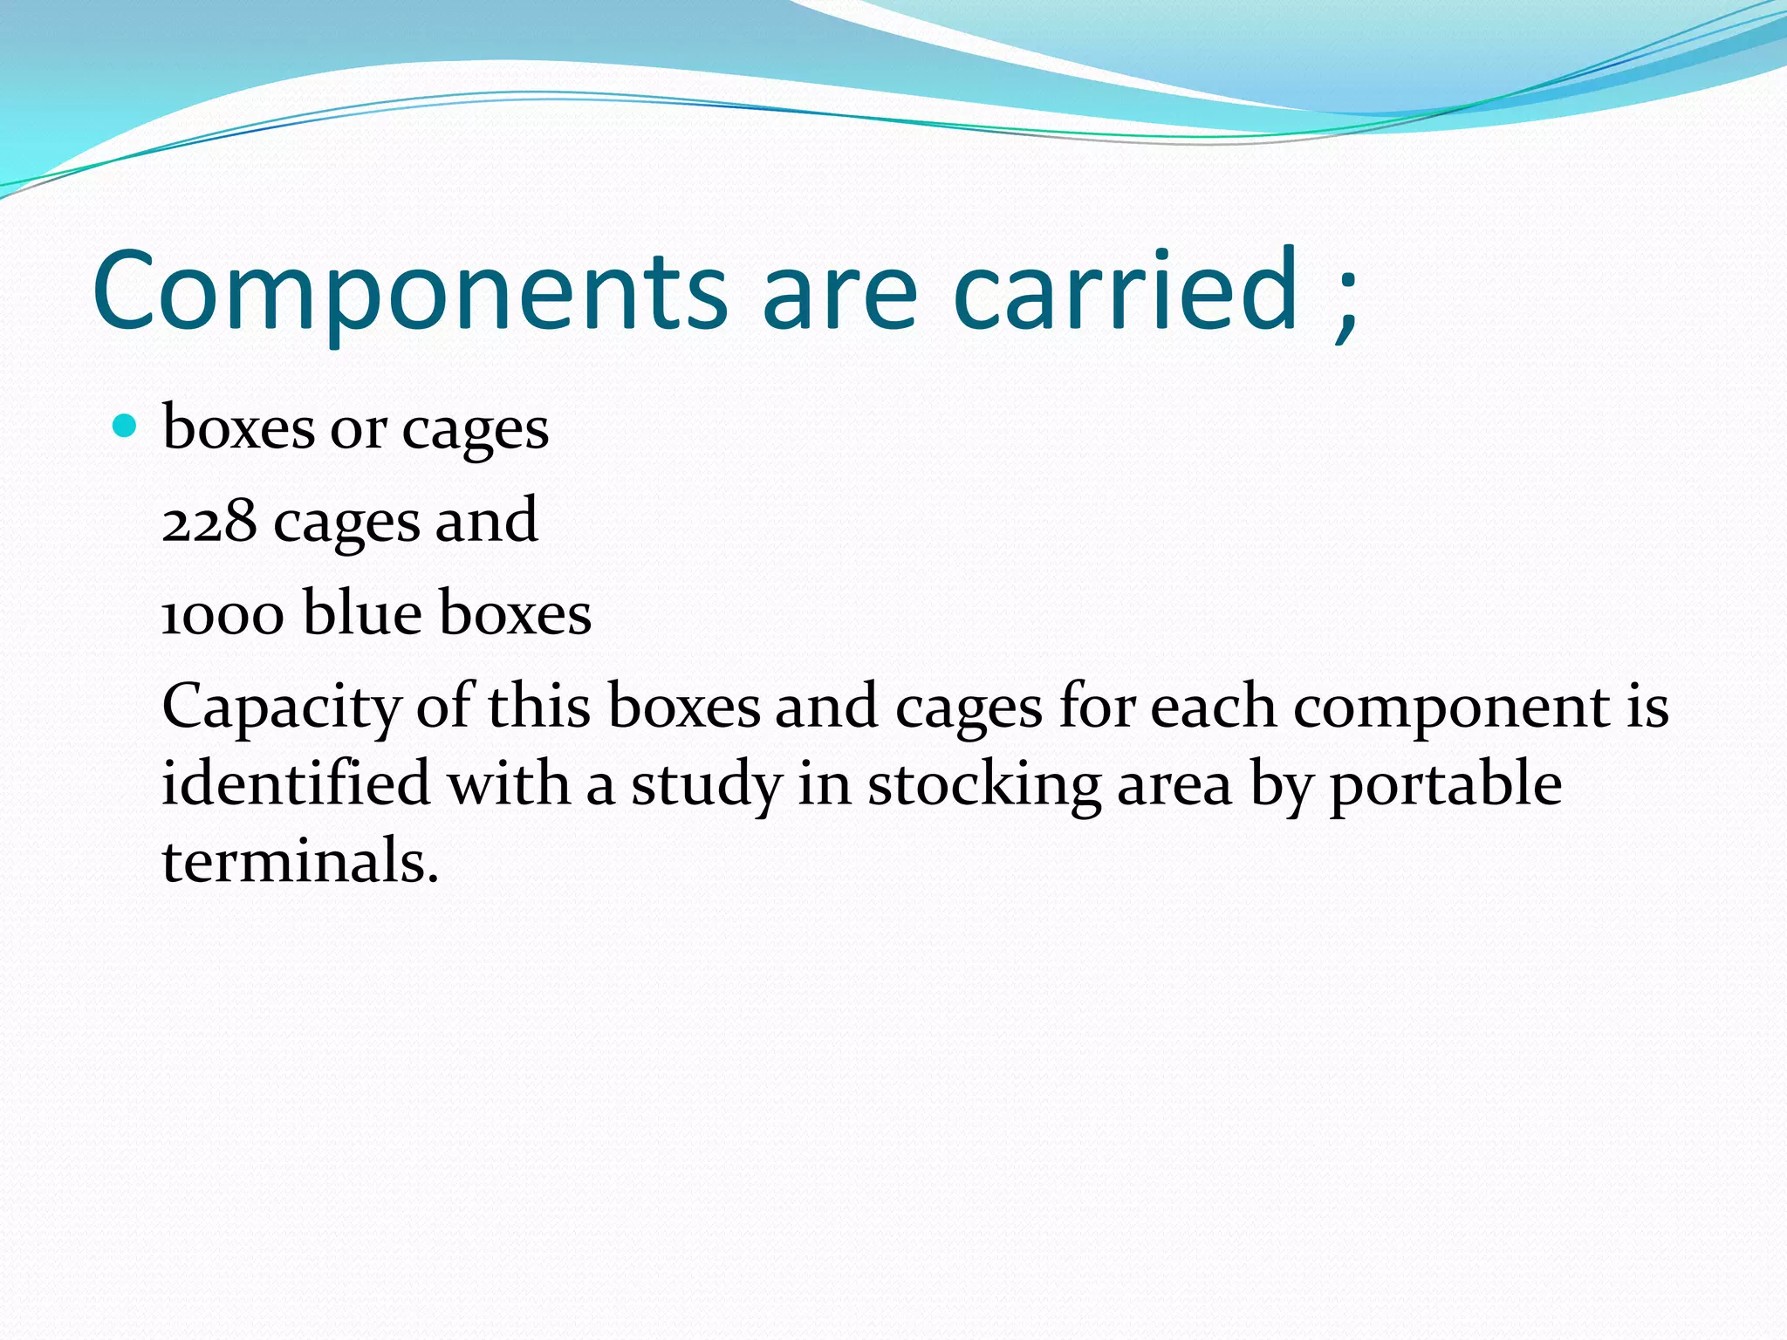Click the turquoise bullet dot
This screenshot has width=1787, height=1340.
pyautogui.click(x=126, y=427)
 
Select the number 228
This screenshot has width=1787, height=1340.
pyautogui.click(x=209, y=522)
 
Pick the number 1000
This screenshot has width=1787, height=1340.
pyautogui.click(x=223, y=614)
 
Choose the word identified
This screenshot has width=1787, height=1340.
pyautogui.click(x=296, y=783)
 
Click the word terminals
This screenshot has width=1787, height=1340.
pyautogui.click(x=299, y=861)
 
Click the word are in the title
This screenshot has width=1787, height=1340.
pyautogui.click(x=839, y=292)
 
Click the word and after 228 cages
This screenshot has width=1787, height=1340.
pyautogui.click(x=486, y=522)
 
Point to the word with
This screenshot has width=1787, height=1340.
pyautogui.click(x=508, y=783)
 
